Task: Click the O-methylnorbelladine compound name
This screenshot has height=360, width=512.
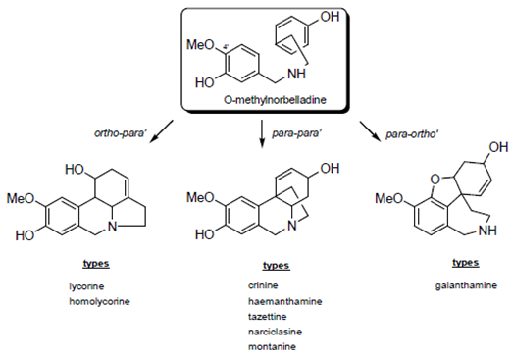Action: (x=264, y=100)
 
